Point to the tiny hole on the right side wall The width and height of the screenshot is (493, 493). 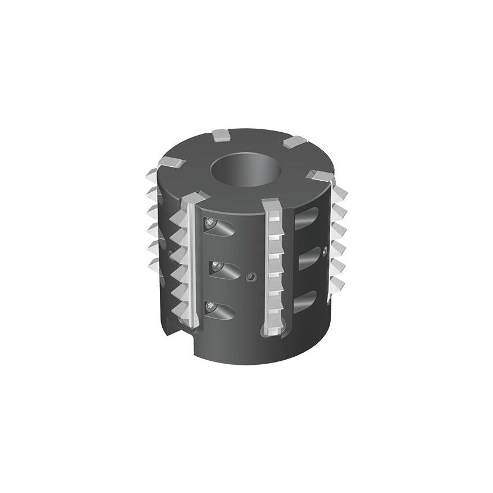pos(326,251)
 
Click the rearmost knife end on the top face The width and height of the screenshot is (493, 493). pos(221,135)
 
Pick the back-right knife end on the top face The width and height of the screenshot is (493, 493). pos(294,142)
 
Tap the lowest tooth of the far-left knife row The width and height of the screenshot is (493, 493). pos(154,266)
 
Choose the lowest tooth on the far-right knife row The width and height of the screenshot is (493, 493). pos(336,283)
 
